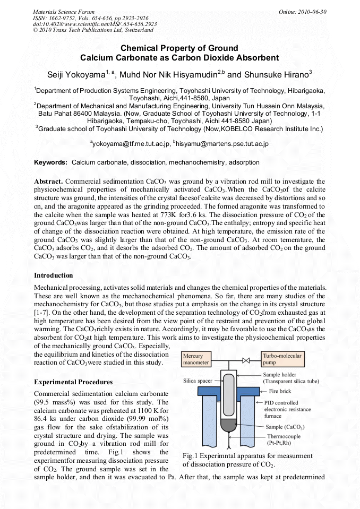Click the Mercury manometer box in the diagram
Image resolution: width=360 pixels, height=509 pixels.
[x=195, y=359]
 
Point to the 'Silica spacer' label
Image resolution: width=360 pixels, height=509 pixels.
[x=197, y=381]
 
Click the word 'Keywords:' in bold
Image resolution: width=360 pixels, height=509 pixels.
[x=51, y=162]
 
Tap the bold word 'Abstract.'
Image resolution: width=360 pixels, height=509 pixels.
[x=48, y=182]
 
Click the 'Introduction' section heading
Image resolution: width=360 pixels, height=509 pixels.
[x=54, y=275]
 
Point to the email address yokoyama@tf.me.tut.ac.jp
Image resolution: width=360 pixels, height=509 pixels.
[x=131, y=143]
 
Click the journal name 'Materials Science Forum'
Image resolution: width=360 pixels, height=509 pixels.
[x=64, y=12]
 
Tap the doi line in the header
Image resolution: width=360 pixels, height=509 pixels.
[x=95, y=24]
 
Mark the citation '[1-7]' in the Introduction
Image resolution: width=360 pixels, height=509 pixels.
[x=42, y=313]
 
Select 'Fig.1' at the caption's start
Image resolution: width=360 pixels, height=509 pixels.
[x=190, y=456]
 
